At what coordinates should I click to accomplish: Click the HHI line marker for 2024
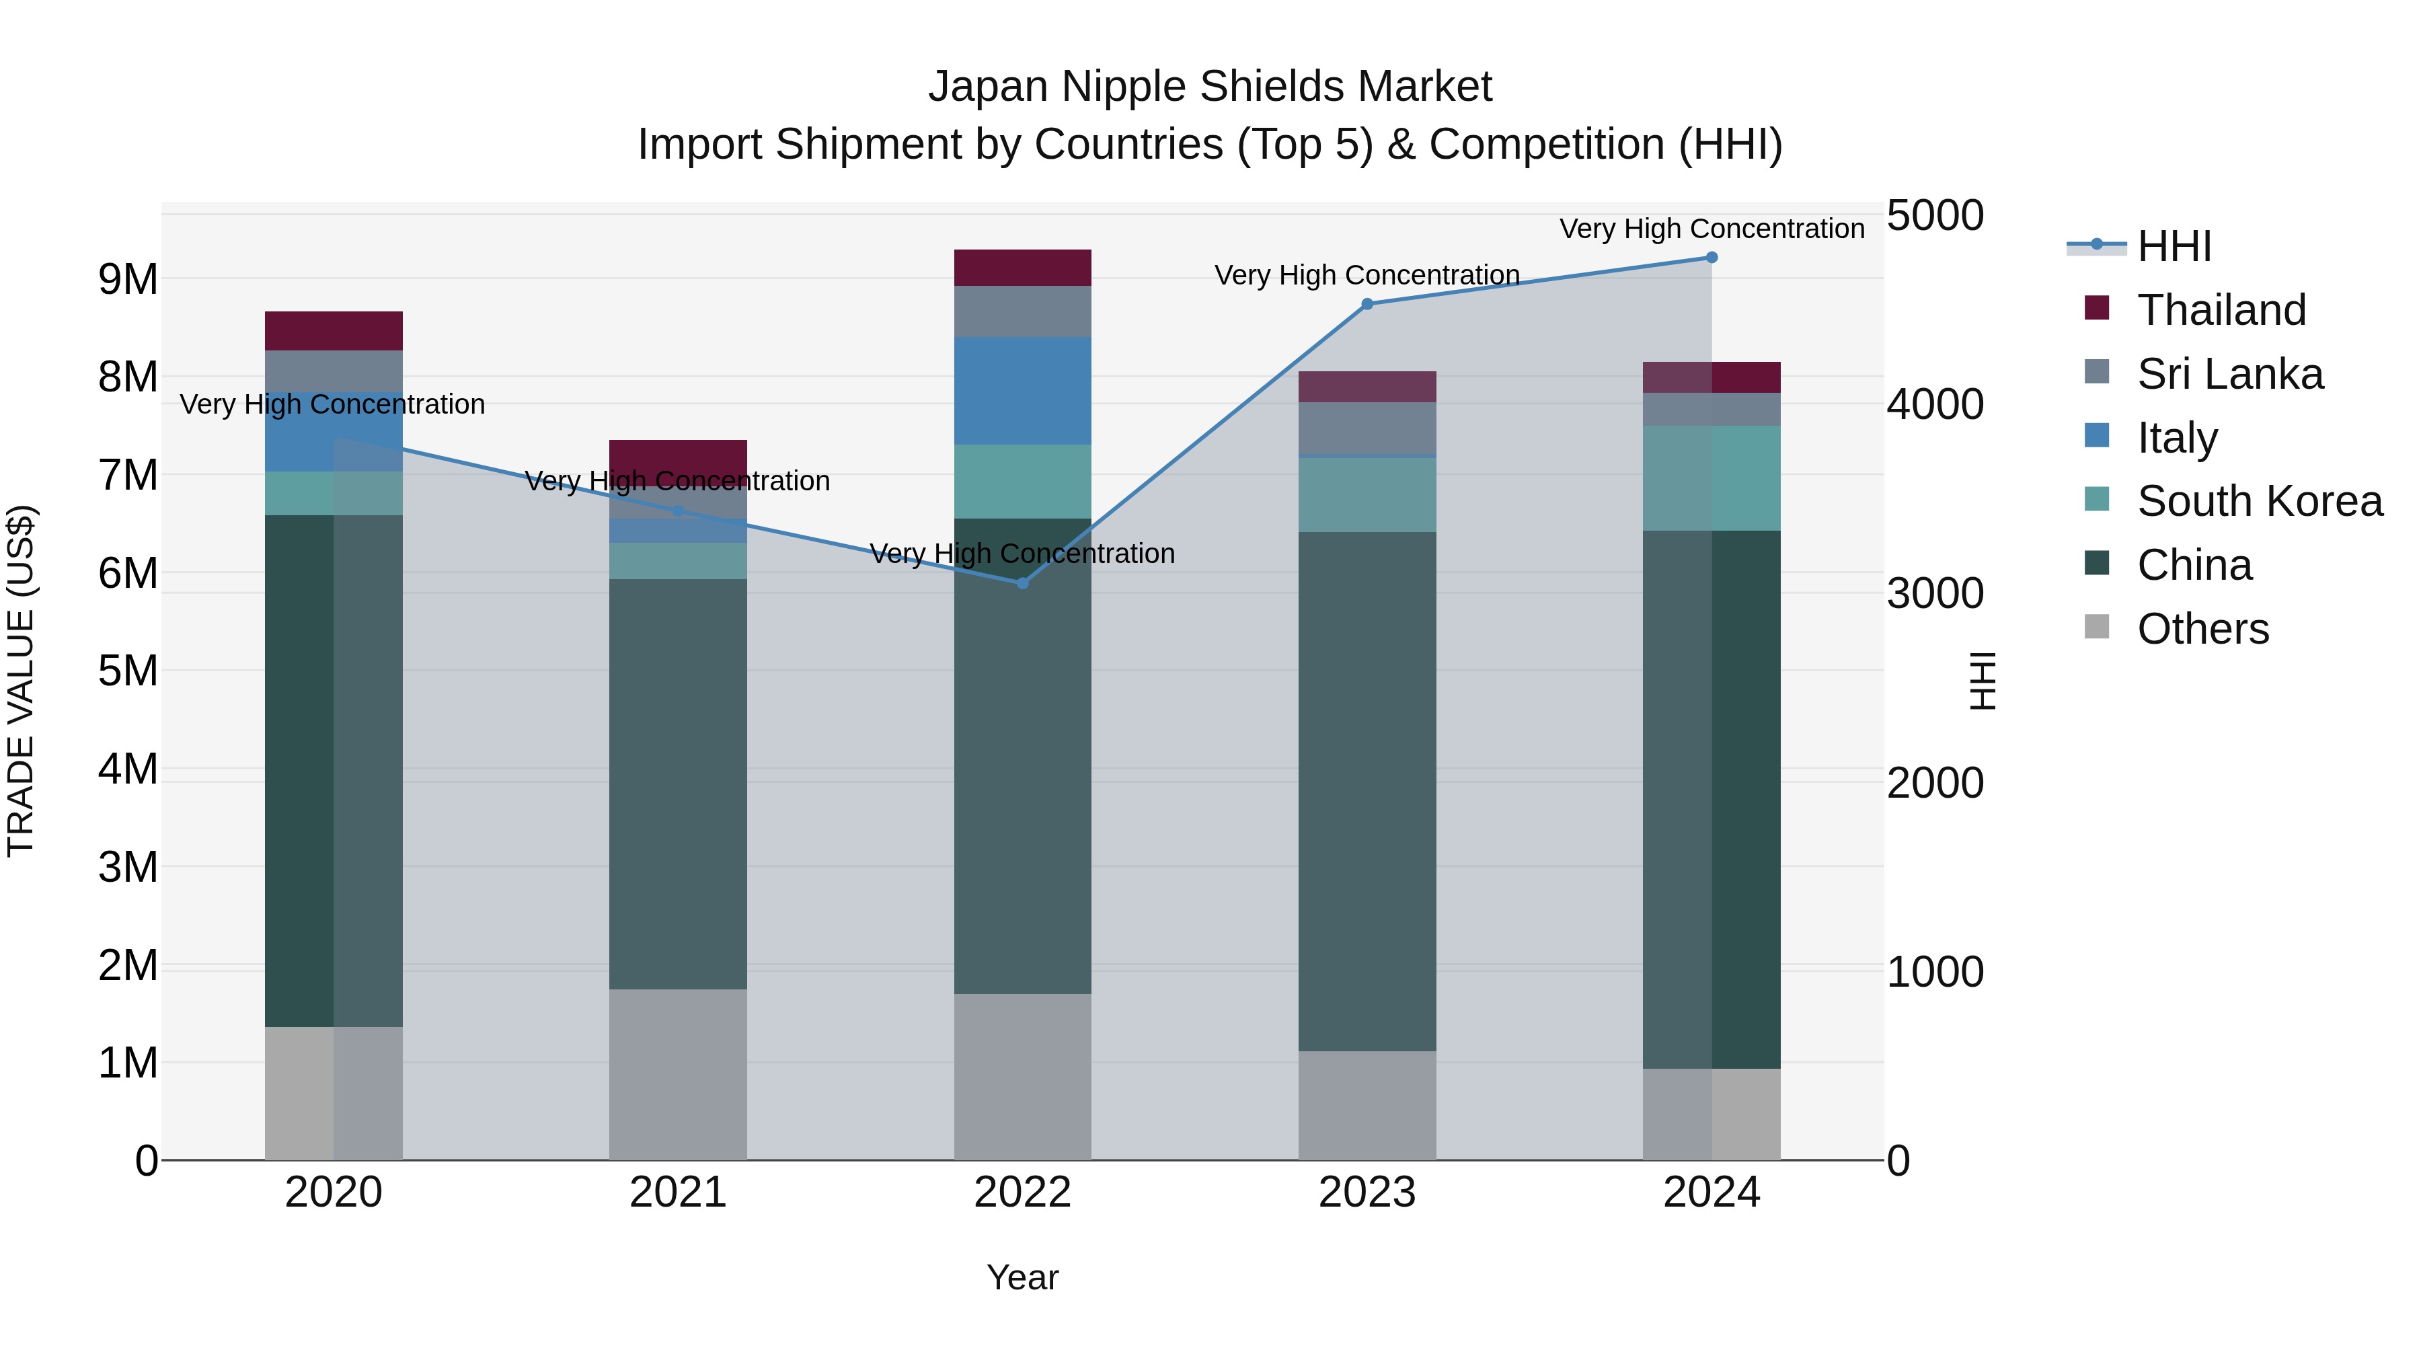[1712, 258]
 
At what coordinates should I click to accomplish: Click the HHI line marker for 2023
[1367, 303]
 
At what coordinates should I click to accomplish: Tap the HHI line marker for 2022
[1022, 582]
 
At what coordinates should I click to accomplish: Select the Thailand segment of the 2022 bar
[1022, 268]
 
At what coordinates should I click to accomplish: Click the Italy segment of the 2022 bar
[1022, 390]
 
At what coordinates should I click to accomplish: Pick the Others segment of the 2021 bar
[678, 1073]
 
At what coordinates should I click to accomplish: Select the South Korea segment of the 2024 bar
[1712, 478]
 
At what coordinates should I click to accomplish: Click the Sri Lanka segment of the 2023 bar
[1367, 428]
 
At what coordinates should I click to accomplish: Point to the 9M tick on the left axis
[128, 279]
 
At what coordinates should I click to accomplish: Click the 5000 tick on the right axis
[1935, 215]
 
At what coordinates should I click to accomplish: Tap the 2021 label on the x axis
[678, 1193]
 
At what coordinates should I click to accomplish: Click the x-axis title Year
[1022, 1277]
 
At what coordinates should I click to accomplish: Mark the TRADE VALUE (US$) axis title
[21, 681]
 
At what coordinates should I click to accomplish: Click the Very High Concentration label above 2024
[1712, 229]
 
